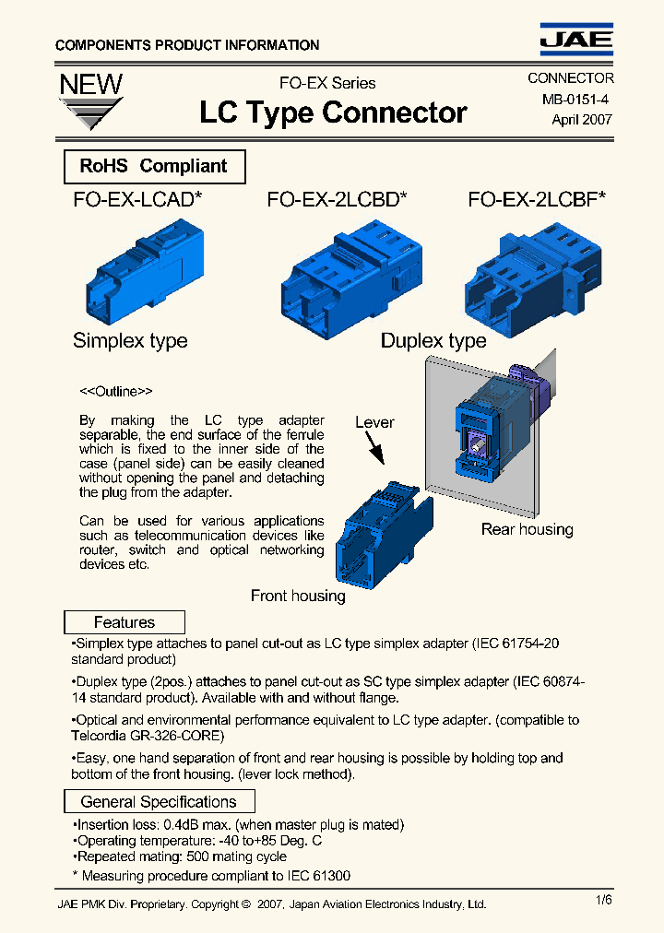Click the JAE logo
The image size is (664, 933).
tap(575, 38)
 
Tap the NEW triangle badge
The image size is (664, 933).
tap(90, 100)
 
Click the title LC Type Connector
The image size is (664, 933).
tap(333, 112)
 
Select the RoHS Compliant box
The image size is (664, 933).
tap(154, 167)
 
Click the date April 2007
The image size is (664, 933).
tap(581, 120)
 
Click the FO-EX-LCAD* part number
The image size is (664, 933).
tap(138, 200)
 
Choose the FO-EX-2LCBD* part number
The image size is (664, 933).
tap(338, 200)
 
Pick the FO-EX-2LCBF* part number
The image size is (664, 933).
tap(537, 200)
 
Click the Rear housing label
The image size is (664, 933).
tap(527, 529)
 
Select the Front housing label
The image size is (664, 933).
tap(298, 596)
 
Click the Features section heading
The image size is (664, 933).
tap(125, 622)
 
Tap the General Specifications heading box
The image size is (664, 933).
tap(159, 802)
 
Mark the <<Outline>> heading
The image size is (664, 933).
tap(116, 391)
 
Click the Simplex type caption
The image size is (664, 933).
tap(130, 341)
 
